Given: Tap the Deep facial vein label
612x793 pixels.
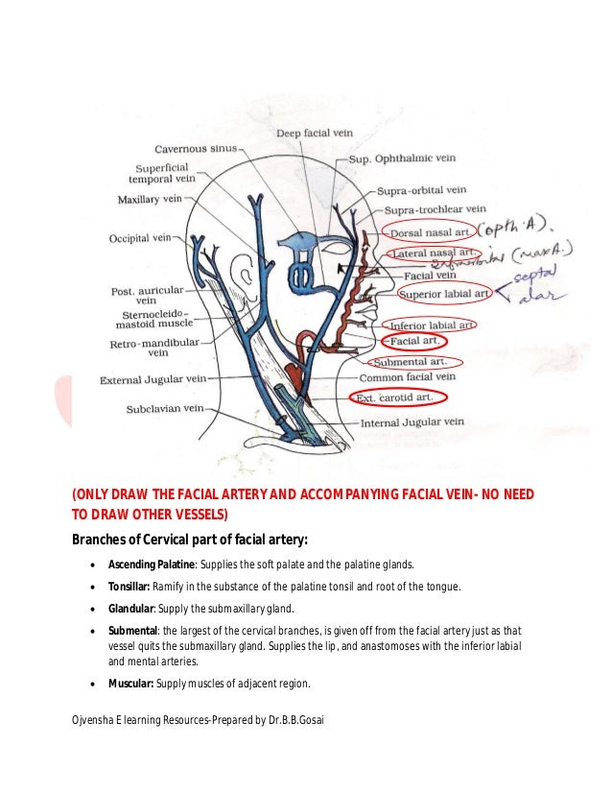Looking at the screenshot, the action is (x=316, y=132).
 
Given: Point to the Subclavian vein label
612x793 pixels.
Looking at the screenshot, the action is (x=166, y=409).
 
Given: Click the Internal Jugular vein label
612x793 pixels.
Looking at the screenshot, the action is (x=412, y=421).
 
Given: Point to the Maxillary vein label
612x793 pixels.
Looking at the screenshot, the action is (x=149, y=200).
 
